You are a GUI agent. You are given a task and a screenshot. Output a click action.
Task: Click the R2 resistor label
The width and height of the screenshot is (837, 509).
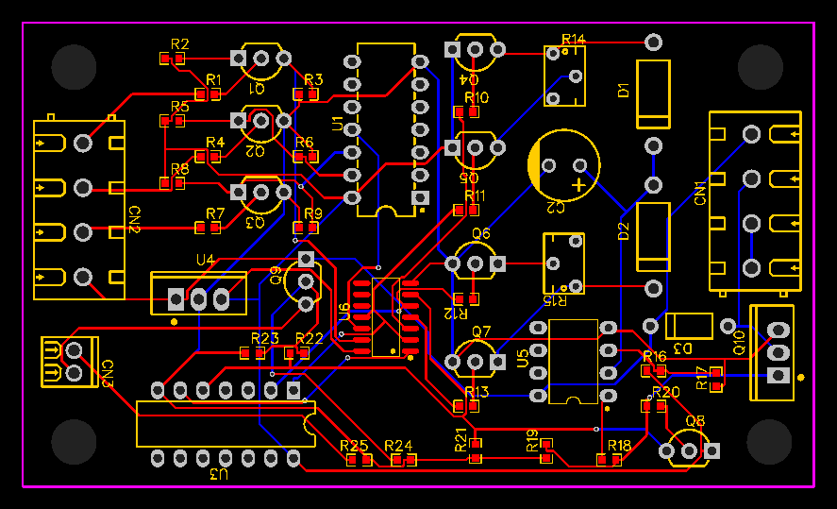click(x=180, y=43)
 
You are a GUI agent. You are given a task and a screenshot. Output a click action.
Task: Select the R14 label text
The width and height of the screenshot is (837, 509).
click(x=574, y=39)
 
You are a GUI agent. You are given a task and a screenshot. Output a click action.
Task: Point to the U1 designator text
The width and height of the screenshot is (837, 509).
click(x=338, y=123)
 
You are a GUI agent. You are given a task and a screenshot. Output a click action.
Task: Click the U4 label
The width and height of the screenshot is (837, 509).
click(x=205, y=260)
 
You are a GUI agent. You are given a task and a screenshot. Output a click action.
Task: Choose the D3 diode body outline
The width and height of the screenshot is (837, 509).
click(x=689, y=326)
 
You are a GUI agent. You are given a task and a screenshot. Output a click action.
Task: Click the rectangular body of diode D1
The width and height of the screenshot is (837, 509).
click(x=653, y=93)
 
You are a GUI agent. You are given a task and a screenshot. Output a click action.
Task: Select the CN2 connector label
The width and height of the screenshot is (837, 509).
click(x=134, y=219)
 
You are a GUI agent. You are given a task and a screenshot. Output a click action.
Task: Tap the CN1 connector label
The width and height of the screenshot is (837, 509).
click(x=700, y=194)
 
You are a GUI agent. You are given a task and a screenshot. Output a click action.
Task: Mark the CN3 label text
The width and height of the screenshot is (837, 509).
click(x=108, y=373)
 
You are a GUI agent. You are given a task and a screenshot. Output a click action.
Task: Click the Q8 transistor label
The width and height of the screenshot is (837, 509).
click(x=695, y=421)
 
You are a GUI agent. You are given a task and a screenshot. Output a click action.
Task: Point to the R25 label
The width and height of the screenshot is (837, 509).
click(x=354, y=445)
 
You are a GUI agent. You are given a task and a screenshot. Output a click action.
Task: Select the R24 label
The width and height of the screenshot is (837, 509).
click(x=398, y=445)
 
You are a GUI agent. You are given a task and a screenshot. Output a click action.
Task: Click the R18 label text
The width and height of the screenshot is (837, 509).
click(x=619, y=445)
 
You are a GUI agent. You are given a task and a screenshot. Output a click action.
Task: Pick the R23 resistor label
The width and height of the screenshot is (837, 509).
click(x=265, y=338)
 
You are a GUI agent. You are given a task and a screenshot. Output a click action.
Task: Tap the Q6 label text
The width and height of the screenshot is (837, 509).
click(x=481, y=233)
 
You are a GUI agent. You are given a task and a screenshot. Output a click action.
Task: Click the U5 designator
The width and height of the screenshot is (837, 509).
click(x=523, y=359)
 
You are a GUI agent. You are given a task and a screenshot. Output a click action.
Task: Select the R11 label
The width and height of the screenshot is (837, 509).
click(x=476, y=195)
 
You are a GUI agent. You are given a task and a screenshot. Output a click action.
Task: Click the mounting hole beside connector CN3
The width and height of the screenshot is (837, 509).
click(x=74, y=442)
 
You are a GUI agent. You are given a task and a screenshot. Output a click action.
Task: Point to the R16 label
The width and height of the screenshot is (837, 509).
click(x=654, y=356)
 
